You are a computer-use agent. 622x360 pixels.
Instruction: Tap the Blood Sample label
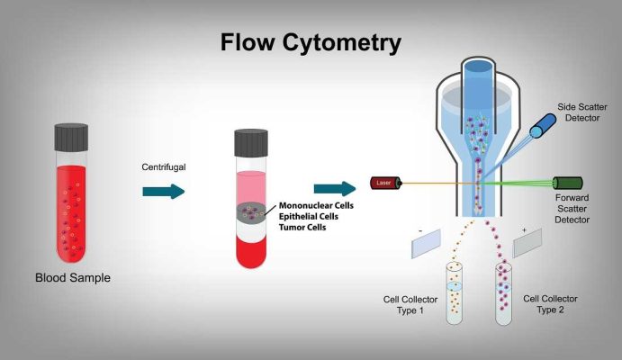[73, 278]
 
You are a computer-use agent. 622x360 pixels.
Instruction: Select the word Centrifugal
[164, 167]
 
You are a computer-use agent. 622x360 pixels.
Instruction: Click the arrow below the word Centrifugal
[163, 190]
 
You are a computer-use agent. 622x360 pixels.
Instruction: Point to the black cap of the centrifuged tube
[250, 142]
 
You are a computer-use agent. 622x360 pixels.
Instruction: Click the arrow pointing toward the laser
[335, 188]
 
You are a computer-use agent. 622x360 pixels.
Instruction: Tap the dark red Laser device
[385, 184]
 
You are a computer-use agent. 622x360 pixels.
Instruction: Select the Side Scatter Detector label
[587, 112]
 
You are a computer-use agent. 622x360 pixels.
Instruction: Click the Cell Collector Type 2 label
[550, 303]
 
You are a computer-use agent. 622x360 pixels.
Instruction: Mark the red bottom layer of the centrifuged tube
[250, 248]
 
